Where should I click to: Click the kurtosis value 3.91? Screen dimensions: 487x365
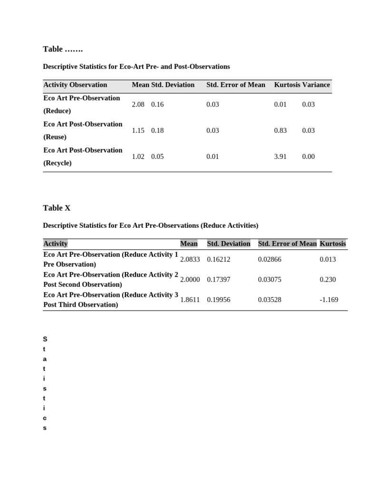[x=280, y=156]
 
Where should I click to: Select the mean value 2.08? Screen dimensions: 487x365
[x=138, y=104]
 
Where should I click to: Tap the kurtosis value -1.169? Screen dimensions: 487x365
[x=329, y=300]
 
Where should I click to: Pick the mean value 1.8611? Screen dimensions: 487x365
[x=190, y=300]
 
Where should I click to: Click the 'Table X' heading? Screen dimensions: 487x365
[x=57, y=208]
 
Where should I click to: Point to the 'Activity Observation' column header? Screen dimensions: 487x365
[x=75, y=85]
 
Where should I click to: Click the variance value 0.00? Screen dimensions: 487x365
[x=308, y=156]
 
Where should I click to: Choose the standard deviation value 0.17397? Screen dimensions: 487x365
[x=219, y=280]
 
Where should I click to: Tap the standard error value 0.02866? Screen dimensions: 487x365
[x=269, y=259]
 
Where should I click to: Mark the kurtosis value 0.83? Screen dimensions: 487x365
[x=280, y=130]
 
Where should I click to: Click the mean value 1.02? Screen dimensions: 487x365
[x=138, y=156]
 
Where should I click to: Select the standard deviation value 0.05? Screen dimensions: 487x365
[x=157, y=156]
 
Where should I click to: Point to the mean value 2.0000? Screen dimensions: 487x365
[x=190, y=280]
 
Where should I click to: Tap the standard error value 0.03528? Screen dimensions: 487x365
[x=269, y=300]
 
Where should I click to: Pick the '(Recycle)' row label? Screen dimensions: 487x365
[x=58, y=163]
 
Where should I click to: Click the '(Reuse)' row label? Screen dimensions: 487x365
[x=55, y=137]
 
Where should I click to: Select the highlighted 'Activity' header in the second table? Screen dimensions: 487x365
[x=56, y=243]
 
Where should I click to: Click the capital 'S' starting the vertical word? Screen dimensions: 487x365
[x=45, y=339]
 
